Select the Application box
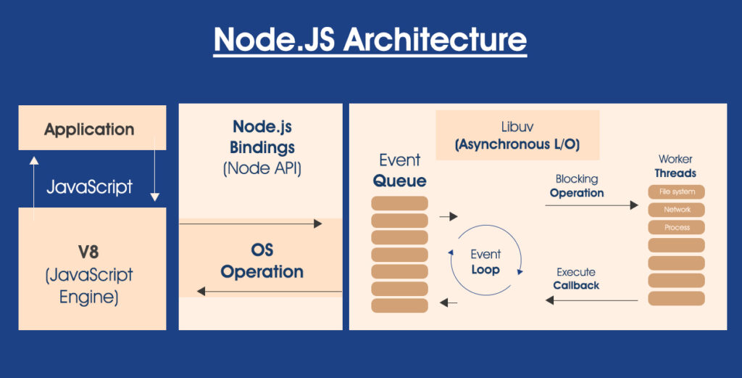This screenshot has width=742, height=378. point(90,129)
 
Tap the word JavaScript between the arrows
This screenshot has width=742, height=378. point(90,186)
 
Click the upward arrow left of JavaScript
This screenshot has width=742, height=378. point(33,188)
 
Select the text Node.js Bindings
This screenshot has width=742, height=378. point(262,137)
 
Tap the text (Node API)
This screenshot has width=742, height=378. point(262,169)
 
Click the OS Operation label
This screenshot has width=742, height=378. point(262,261)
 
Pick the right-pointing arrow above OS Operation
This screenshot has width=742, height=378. point(250,224)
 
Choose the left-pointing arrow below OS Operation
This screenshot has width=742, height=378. point(269,291)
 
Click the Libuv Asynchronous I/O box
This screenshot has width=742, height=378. point(517,136)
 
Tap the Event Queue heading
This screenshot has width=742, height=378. point(399,170)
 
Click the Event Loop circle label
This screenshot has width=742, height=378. point(485,262)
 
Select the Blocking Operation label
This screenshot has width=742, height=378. point(577,186)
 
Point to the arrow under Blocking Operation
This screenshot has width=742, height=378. point(591,205)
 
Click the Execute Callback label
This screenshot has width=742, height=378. point(576,279)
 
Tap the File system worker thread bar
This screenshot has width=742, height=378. point(676,192)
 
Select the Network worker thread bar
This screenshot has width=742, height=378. point(676,210)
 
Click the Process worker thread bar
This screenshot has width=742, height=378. point(676,227)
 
